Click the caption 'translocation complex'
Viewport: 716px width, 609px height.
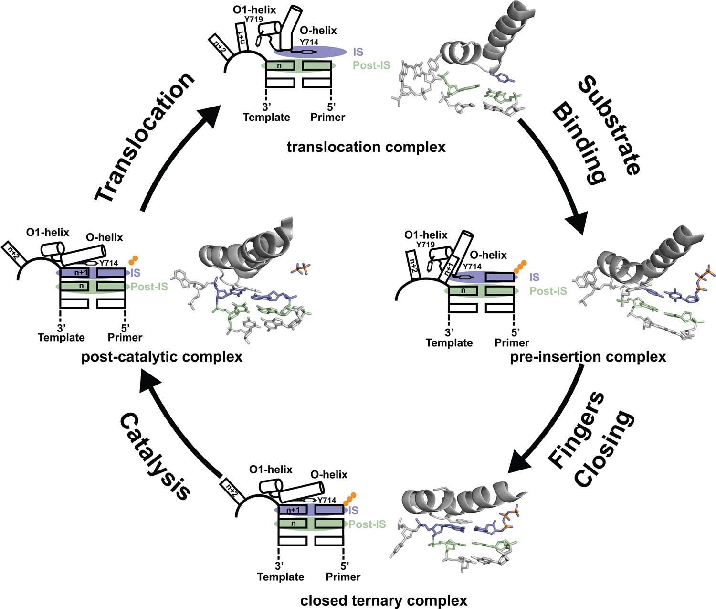(366, 147)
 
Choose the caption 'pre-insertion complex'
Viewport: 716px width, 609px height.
(588, 357)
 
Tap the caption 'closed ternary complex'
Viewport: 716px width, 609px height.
(384, 600)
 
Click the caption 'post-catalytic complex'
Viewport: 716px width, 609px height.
(162, 357)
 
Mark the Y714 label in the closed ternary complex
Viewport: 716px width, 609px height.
(327, 500)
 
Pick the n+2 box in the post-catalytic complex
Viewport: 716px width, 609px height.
(12, 249)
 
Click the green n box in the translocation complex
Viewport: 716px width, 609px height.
(280, 65)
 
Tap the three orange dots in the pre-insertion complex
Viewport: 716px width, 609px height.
(520, 267)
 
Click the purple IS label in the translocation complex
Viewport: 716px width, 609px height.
(358, 52)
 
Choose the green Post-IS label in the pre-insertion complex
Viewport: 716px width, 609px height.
(548, 291)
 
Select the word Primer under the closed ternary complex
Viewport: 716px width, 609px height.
(343, 577)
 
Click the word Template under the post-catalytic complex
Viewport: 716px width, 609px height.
(61, 337)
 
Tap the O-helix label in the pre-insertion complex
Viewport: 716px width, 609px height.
(488, 255)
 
